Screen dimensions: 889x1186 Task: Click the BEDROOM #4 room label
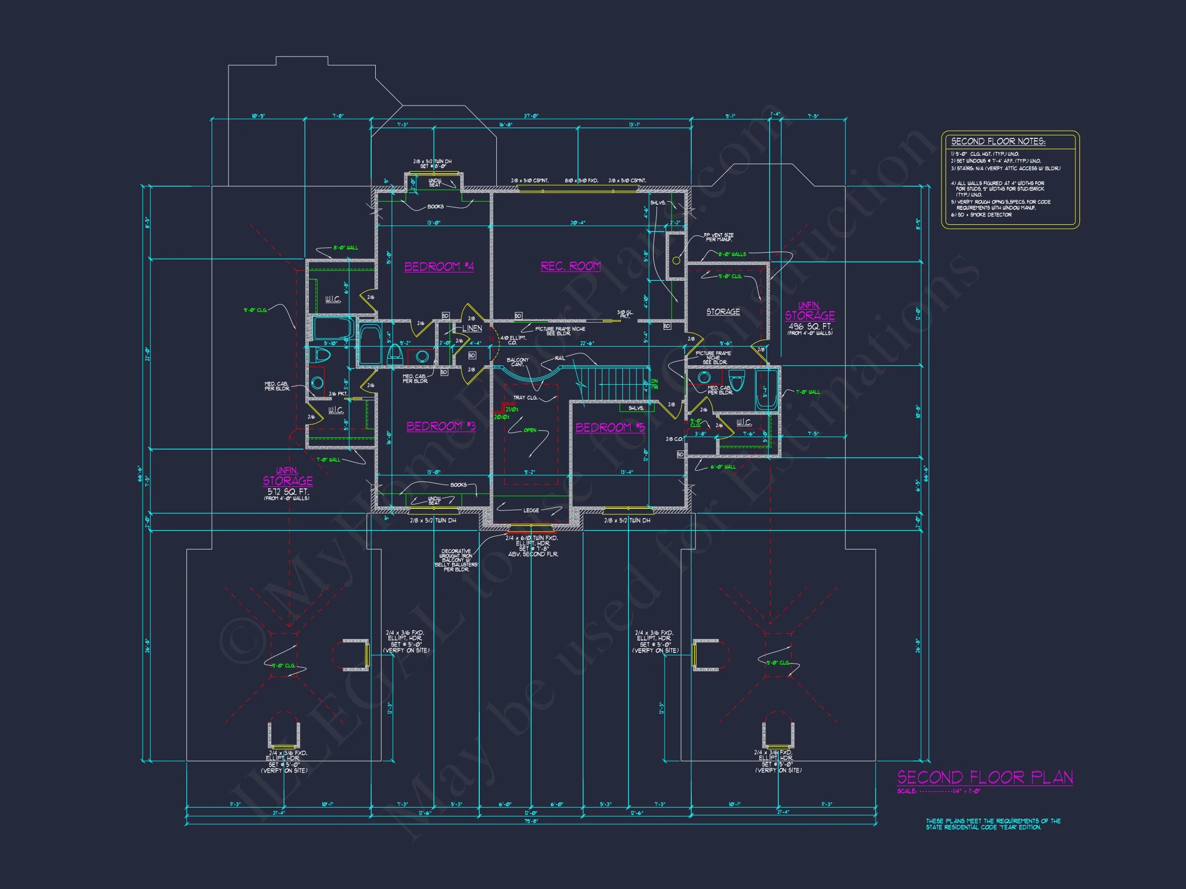tap(439, 266)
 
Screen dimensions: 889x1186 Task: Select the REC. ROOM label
tap(570, 266)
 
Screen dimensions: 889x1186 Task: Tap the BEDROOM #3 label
tap(441, 426)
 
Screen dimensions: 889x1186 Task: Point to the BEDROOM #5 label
tap(610, 427)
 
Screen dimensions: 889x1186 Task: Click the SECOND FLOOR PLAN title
tap(985, 777)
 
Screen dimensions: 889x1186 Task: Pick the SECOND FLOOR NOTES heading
tap(998, 141)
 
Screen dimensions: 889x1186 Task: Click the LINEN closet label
tap(472, 328)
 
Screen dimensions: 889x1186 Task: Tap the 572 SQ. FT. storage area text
tap(288, 492)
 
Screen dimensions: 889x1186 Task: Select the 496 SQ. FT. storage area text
tap(810, 326)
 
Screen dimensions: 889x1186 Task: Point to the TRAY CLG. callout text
tap(525, 398)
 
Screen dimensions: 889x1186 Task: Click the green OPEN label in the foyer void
tap(530, 430)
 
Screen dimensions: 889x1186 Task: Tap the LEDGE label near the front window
tap(531, 510)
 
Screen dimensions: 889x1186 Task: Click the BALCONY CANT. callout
tap(517, 362)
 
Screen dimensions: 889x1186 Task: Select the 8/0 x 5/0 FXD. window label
tap(581, 181)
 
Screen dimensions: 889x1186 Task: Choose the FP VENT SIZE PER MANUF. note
tap(719, 237)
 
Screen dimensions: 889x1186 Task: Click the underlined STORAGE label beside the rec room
tap(723, 311)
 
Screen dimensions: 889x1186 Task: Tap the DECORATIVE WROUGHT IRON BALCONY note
tap(456, 560)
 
